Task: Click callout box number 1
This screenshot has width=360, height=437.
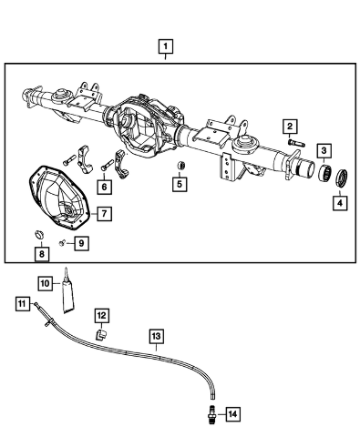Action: pos(166,46)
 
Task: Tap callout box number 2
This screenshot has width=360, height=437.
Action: pos(290,127)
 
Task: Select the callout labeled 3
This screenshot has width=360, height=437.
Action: pos(324,150)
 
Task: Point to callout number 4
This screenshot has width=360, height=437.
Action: pos(340,203)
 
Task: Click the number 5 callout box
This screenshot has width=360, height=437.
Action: pos(180,184)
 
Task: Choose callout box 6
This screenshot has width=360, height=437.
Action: pos(104,187)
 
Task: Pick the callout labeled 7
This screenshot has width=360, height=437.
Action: pos(104,214)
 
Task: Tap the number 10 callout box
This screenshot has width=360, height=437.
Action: pos(45,284)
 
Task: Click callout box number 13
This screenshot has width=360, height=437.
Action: pos(157,336)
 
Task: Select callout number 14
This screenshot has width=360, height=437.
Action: pos(232,414)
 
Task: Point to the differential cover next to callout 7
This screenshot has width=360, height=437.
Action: pos(59,199)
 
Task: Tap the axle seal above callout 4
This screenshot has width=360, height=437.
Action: pos(342,179)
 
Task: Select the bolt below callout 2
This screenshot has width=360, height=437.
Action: pos(296,142)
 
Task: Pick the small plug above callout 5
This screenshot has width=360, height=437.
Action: pos(181,166)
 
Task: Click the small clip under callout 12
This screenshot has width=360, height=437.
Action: pos(101,335)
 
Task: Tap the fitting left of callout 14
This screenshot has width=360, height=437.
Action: pos(212,413)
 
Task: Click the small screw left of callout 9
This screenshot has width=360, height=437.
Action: pos(63,243)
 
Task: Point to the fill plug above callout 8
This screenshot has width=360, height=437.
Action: pos(39,234)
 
